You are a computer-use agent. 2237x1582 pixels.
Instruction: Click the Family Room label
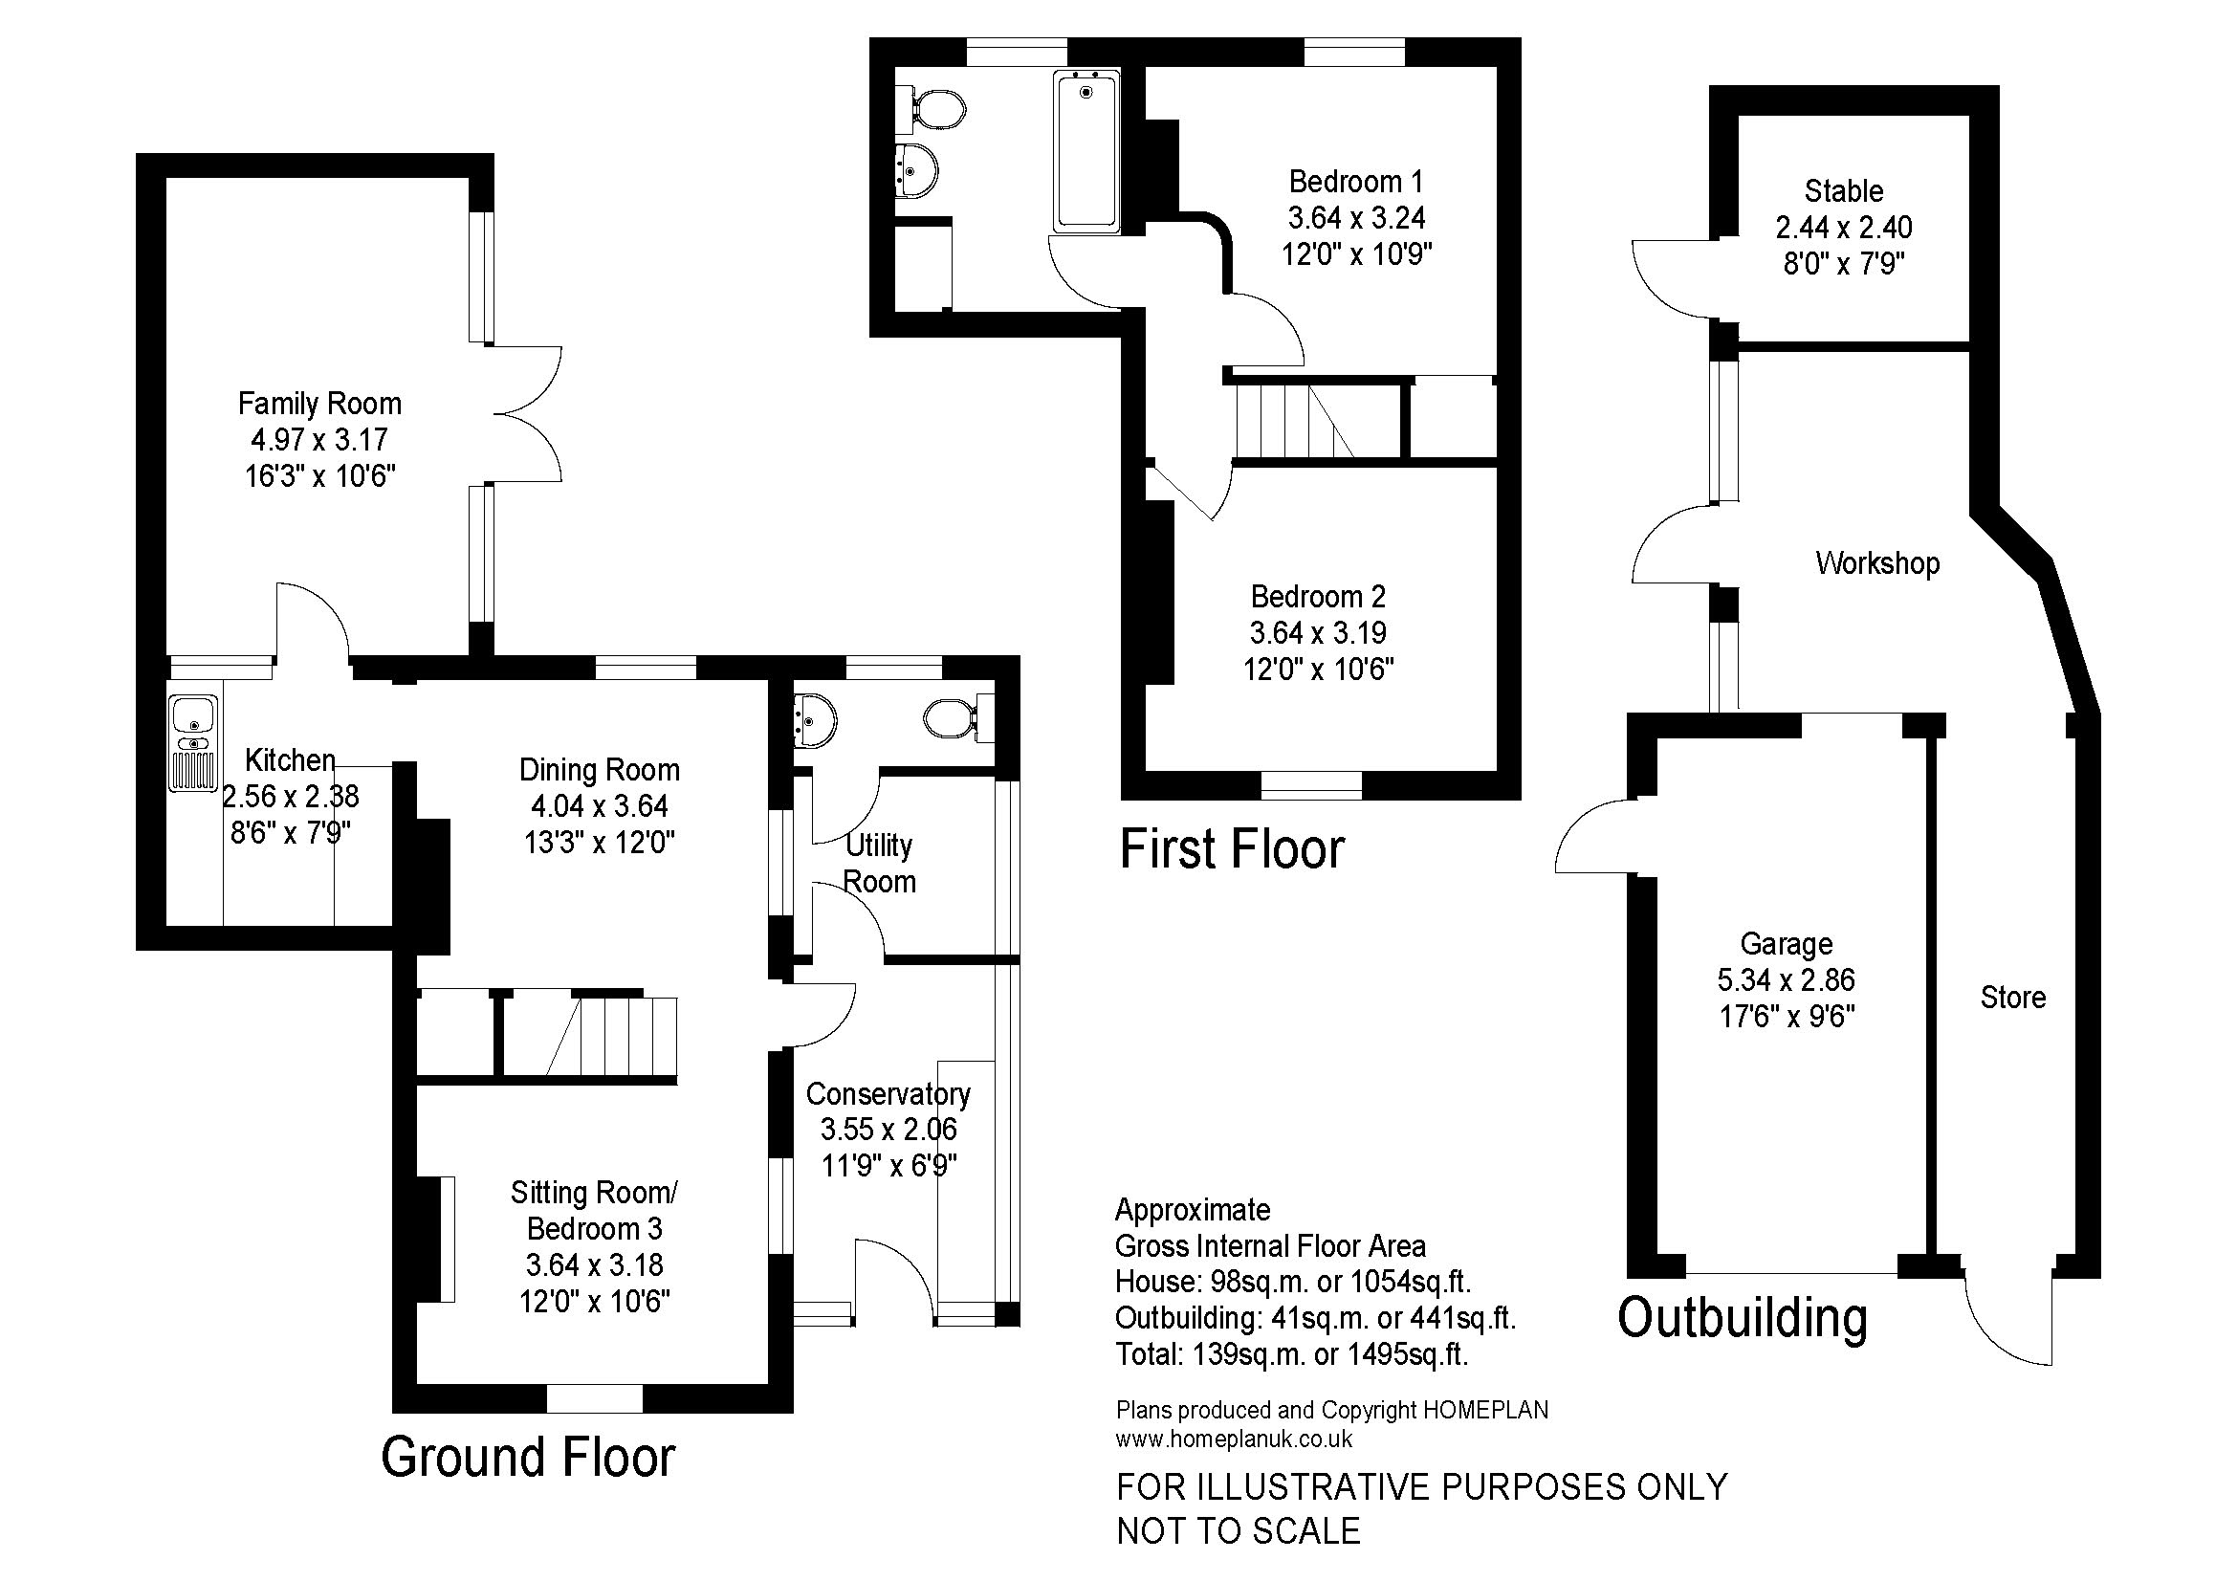(319, 404)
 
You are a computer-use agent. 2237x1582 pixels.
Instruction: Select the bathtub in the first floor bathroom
(1086, 153)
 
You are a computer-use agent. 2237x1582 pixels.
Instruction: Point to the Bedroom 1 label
(1356, 181)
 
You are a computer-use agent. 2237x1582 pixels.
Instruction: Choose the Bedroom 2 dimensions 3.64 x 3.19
(1318, 633)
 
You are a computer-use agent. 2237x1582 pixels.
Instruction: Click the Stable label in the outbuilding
(1843, 191)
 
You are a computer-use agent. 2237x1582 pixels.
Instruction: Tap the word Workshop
(1877, 563)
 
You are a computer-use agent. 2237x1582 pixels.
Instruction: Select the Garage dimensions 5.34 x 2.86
(1786, 980)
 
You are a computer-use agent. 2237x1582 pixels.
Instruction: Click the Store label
(2013, 998)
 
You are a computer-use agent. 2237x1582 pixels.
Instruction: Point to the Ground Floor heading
(528, 1458)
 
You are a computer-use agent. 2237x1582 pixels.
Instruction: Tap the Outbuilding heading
(1744, 1318)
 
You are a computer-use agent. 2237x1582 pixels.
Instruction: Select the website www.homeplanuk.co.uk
(1235, 1439)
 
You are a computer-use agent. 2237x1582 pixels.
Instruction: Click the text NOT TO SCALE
(1239, 1531)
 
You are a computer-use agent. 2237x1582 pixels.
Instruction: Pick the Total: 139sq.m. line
(1292, 1354)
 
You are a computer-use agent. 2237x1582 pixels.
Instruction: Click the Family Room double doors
(526, 413)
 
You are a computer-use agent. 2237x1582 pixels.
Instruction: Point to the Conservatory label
(888, 1094)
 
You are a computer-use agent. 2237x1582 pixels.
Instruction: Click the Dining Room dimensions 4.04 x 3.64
(600, 806)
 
